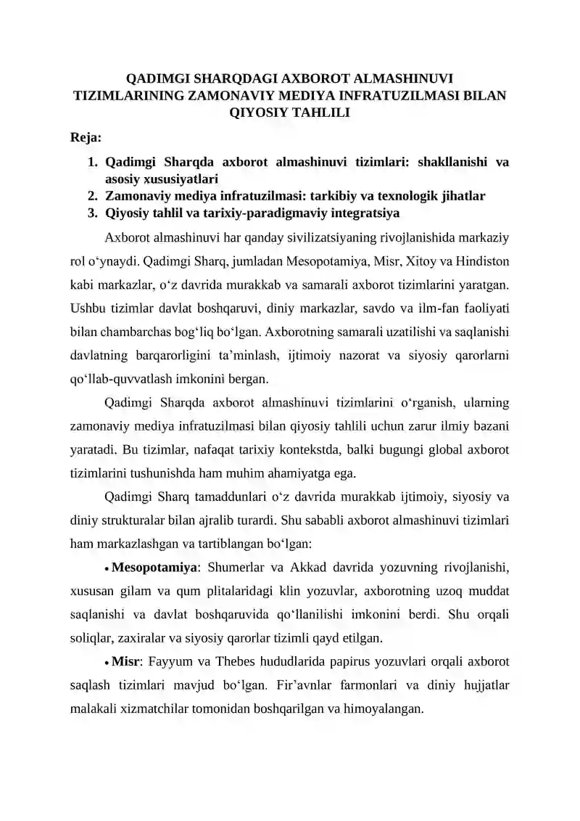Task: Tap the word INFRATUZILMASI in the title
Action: tap(403, 94)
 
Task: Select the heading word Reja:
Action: tap(85, 137)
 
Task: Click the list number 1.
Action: tap(93, 162)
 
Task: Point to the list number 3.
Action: tap(93, 213)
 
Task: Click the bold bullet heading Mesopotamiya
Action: tap(154, 565)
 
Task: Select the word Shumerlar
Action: tap(239, 565)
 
